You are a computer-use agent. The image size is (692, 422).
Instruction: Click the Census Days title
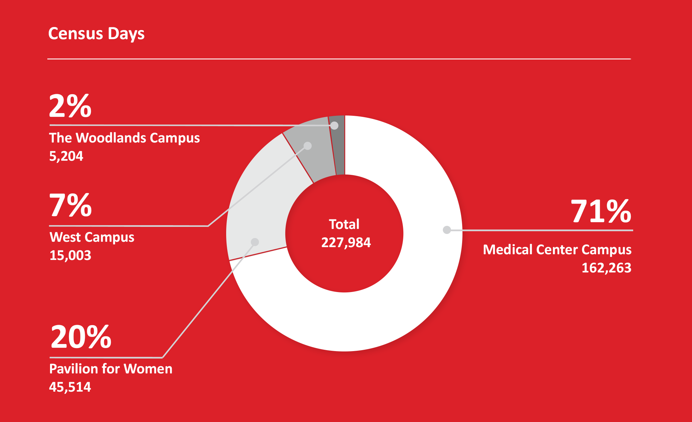96,34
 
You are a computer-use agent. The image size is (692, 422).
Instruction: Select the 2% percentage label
70,106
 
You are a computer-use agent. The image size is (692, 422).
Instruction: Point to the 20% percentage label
81,337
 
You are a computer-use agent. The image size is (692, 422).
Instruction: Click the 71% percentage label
601,211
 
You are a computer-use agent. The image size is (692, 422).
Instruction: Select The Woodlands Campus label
124,138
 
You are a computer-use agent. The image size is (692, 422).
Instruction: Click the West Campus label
92,237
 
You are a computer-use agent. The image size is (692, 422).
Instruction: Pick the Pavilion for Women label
111,369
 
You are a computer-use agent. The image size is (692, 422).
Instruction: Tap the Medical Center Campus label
557,250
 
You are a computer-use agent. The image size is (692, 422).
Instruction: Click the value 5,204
66,156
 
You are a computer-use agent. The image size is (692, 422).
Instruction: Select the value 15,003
70,256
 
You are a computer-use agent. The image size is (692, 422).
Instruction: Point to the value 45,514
70,387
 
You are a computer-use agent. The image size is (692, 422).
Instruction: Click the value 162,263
606,268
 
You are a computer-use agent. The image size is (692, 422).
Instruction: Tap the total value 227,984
346,242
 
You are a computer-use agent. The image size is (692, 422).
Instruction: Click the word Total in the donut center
344,225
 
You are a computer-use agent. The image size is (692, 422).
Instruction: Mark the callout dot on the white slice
447,230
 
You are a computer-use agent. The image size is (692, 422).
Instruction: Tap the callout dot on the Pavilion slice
255,242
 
